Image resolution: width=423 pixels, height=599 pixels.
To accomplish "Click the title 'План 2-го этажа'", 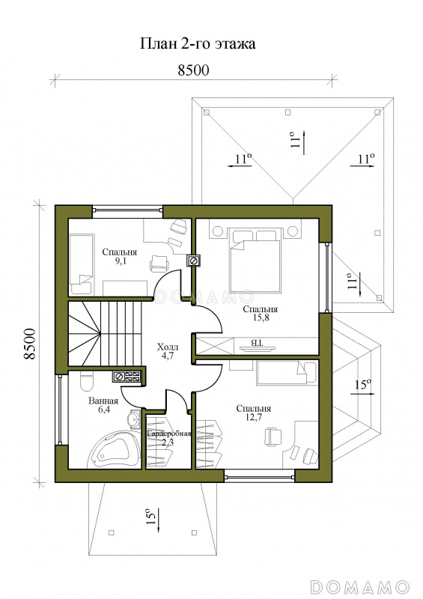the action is click(x=198, y=43).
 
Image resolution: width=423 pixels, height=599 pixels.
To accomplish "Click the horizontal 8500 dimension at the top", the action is click(x=194, y=70).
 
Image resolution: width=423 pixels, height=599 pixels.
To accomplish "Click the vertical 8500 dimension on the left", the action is click(x=30, y=344).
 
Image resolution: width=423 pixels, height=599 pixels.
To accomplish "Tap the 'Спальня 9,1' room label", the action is click(x=120, y=257).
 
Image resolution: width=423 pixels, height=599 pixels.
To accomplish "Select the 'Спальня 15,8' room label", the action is click(x=261, y=313).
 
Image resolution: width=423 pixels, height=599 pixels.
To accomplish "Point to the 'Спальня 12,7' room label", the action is click(x=253, y=413).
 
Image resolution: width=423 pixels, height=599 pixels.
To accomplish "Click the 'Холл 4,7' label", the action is click(x=168, y=351).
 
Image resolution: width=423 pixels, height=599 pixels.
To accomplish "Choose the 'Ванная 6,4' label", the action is click(x=103, y=405).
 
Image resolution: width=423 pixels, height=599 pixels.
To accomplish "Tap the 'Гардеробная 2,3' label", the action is click(x=168, y=438).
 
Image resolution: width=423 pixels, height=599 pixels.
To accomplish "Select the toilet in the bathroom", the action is click(x=87, y=381).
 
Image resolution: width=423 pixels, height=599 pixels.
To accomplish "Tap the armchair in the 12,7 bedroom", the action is click(x=273, y=437).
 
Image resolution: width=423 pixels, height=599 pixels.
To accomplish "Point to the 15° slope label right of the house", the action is click(x=363, y=386).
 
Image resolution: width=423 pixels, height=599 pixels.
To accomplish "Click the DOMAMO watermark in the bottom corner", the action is click(x=359, y=586).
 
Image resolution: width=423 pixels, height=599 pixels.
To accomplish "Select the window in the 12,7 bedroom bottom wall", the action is click(x=260, y=476).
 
